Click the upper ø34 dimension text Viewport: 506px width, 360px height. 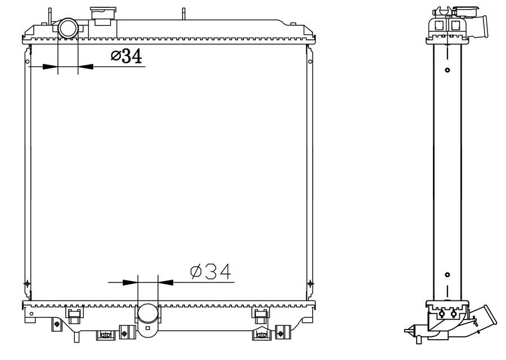coord(125,56)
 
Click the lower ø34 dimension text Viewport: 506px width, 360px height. coord(211,272)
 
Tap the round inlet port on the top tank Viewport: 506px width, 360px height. coord(68,28)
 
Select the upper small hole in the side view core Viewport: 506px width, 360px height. coord(447,70)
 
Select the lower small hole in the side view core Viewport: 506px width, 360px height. coord(447,275)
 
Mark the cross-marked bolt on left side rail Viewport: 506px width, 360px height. coord(26,283)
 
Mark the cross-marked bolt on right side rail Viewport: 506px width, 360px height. coord(310,283)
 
